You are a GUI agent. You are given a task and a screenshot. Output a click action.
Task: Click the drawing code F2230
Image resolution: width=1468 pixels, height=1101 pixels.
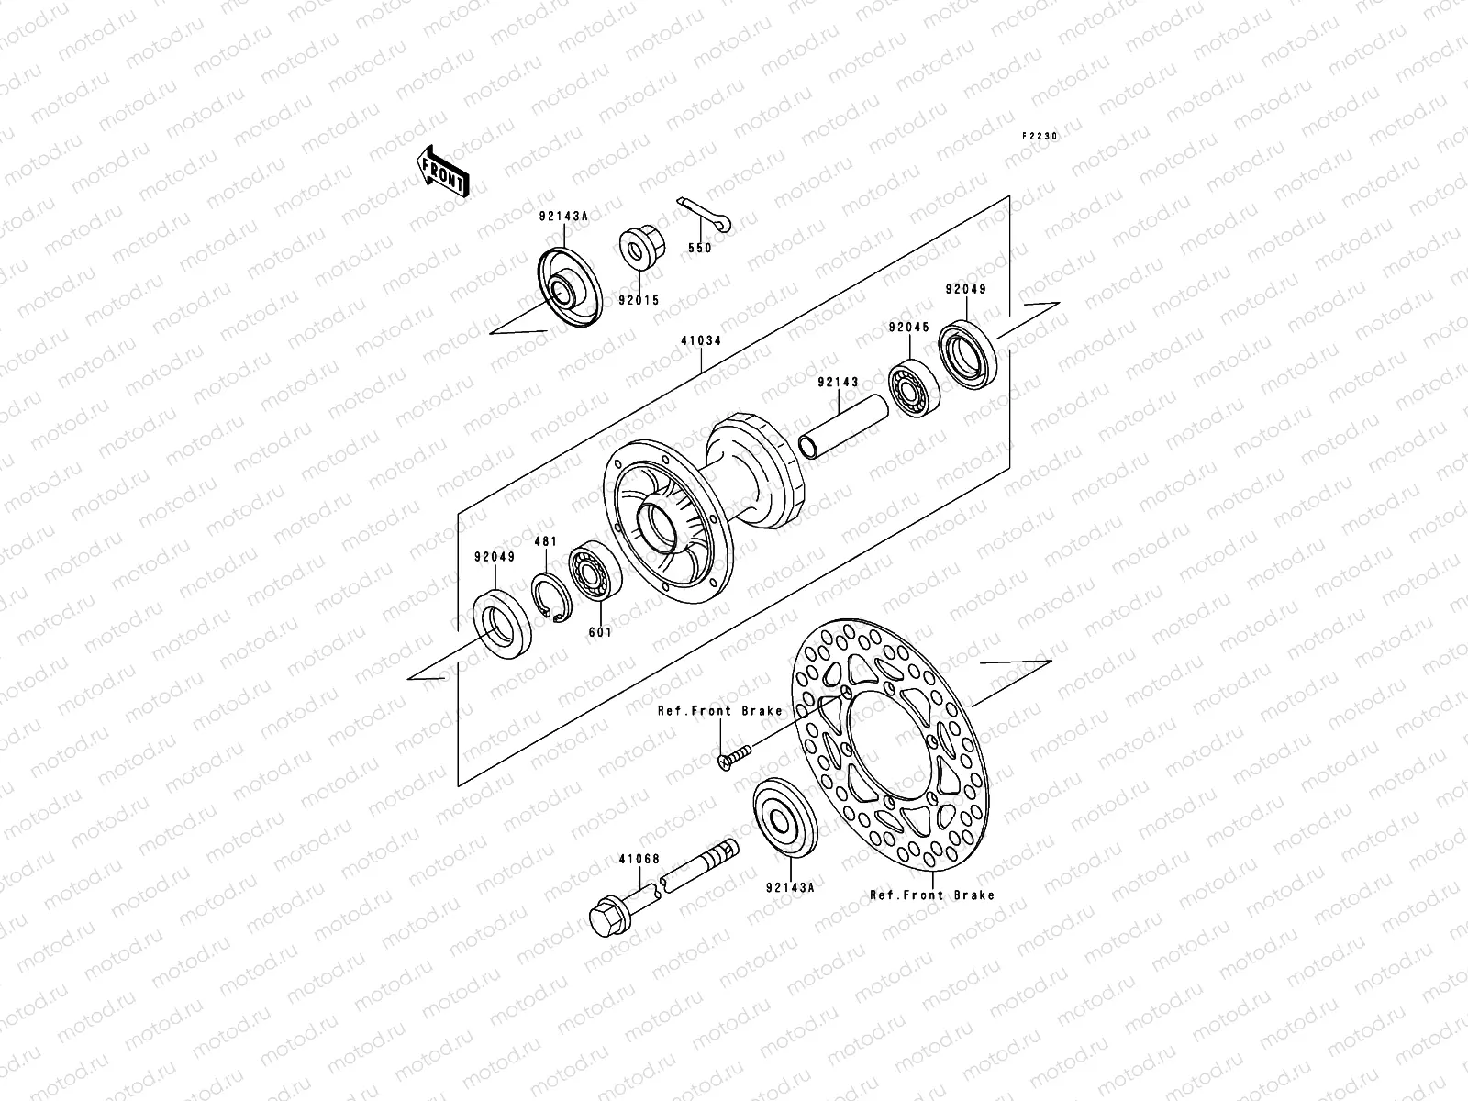click(1040, 136)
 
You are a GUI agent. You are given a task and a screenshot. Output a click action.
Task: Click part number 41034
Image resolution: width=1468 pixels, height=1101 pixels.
click(700, 340)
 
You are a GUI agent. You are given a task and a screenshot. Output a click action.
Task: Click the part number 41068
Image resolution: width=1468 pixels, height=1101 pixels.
click(639, 859)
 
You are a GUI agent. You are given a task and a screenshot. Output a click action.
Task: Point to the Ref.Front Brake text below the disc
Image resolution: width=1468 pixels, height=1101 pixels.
click(931, 895)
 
